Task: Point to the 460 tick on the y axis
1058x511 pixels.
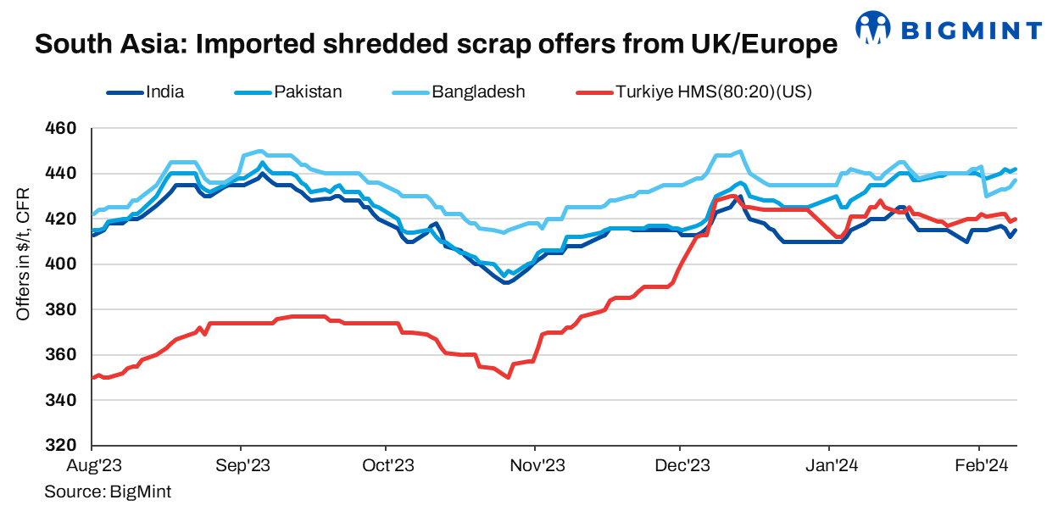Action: tap(65, 129)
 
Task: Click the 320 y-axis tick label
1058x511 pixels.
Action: tap(65, 445)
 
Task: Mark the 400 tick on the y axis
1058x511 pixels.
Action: tap(65, 264)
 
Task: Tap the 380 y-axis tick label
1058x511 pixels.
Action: tap(65, 309)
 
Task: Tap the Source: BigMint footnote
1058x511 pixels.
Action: tap(108, 492)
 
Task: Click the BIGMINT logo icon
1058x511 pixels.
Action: tap(872, 28)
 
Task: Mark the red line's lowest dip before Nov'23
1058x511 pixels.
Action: tap(508, 377)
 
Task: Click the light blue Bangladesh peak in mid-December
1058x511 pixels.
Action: tap(741, 152)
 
